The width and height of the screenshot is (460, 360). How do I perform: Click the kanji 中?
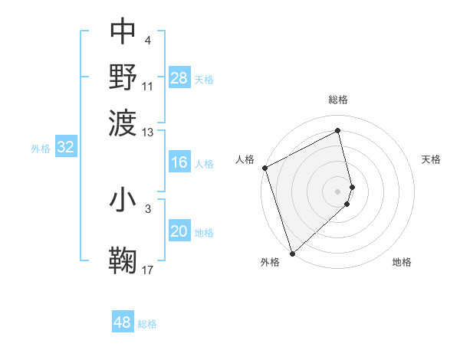pyautogui.click(x=123, y=32)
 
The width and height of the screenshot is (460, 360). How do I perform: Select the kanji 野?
pyautogui.click(x=123, y=76)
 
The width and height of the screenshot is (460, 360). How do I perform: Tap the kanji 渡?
pyautogui.click(x=123, y=120)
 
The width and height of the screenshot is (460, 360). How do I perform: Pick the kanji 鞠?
pyautogui.click(x=123, y=260)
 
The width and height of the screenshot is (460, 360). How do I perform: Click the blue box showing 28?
pyautogui.click(x=179, y=78)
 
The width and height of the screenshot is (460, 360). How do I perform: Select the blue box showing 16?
pyautogui.click(x=179, y=162)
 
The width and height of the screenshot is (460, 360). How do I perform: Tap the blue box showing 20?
pyautogui.click(x=179, y=232)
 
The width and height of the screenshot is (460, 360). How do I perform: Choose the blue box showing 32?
pyautogui.click(x=66, y=148)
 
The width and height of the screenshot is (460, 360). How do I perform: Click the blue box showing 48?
pyautogui.click(x=123, y=322)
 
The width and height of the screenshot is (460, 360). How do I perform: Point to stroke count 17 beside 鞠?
pyautogui.click(x=148, y=270)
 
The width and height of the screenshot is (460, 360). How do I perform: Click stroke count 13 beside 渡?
pyautogui.click(x=148, y=132)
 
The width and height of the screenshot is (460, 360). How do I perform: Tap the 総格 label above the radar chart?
pyautogui.click(x=337, y=100)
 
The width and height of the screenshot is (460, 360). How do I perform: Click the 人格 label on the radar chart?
pyautogui.click(x=245, y=159)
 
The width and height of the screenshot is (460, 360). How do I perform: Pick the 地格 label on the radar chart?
pyautogui.click(x=402, y=263)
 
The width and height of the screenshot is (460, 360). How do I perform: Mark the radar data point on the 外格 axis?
pyautogui.click(x=292, y=253)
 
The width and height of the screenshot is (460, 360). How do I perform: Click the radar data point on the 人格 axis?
pyautogui.click(x=264, y=168)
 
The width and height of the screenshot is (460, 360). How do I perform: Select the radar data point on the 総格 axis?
pyautogui.click(x=337, y=130)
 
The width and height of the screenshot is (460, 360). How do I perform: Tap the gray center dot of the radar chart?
pyautogui.click(x=337, y=191)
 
